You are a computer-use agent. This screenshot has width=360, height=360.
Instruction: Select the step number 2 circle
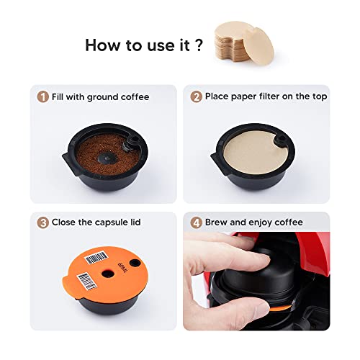click(194, 96)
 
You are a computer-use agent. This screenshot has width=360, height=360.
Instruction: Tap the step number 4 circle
click(194, 222)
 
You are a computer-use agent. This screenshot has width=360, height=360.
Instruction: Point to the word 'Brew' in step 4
click(217, 222)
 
